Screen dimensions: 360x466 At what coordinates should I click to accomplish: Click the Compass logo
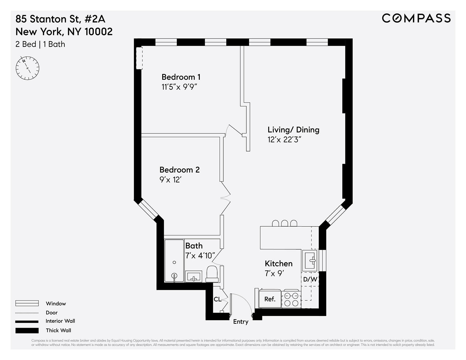(x=416, y=18)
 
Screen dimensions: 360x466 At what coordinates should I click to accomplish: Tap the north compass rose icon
(x=27, y=68)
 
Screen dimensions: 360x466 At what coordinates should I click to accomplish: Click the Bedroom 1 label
(x=181, y=77)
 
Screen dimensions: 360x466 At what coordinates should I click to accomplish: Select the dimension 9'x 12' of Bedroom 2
(x=170, y=180)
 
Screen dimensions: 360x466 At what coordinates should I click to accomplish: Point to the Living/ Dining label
(x=293, y=130)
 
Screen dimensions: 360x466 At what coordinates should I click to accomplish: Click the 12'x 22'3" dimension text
(x=284, y=140)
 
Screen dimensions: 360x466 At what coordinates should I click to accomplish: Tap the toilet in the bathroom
(x=212, y=274)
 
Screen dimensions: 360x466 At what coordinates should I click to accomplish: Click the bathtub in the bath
(x=174, y=261)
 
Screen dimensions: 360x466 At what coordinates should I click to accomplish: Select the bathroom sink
(x=194, y=276)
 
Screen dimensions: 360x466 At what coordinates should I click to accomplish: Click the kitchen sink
(x=310, y=260)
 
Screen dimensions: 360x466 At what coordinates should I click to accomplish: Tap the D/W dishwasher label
(x=310, y=279)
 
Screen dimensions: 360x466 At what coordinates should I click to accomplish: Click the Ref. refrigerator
(x=270, y=299)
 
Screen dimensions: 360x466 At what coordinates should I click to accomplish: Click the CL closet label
(x=217, y=299)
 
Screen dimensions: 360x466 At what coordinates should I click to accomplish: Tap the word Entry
(x=241, y=322)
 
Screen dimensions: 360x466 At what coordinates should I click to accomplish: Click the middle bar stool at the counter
(x=285, y=223)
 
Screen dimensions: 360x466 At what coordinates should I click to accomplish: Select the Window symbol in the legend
(x=27, y=303)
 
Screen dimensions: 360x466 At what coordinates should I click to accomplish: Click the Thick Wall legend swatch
(x=27, y=330)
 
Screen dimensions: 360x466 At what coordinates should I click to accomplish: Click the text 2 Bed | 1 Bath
(x=40, y=44)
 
